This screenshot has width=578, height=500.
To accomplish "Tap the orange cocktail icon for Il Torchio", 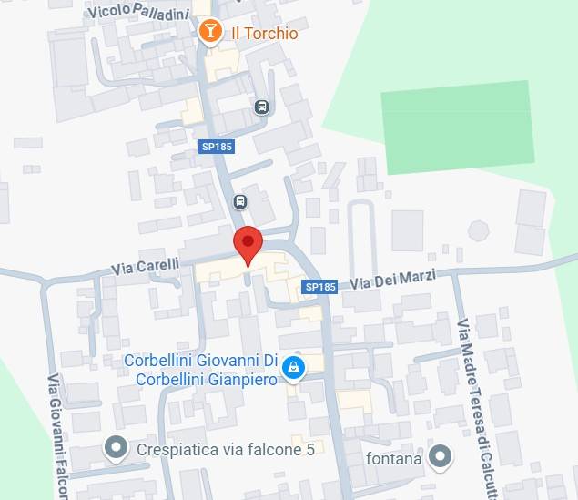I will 210,32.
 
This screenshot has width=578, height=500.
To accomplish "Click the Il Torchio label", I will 265,33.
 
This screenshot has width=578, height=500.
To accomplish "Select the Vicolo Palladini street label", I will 140,12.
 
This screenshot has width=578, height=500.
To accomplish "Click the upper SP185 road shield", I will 217,146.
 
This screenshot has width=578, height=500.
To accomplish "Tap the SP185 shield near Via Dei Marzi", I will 320,287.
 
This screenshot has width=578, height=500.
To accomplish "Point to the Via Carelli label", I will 145,267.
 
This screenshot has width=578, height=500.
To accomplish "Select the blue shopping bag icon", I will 292,368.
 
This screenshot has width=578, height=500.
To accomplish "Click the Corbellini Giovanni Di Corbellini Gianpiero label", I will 200,370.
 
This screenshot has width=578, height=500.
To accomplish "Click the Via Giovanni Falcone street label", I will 57,437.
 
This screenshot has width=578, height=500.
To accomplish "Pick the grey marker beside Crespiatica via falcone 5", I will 115,448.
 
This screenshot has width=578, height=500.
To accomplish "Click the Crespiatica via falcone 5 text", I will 225,449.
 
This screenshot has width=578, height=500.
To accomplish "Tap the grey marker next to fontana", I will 441,456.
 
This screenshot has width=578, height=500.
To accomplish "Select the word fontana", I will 394,458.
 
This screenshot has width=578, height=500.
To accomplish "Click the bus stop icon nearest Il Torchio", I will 262,107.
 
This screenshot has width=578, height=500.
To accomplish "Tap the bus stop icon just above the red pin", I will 240,201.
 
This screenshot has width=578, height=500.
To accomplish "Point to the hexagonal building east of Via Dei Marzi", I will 479,230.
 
